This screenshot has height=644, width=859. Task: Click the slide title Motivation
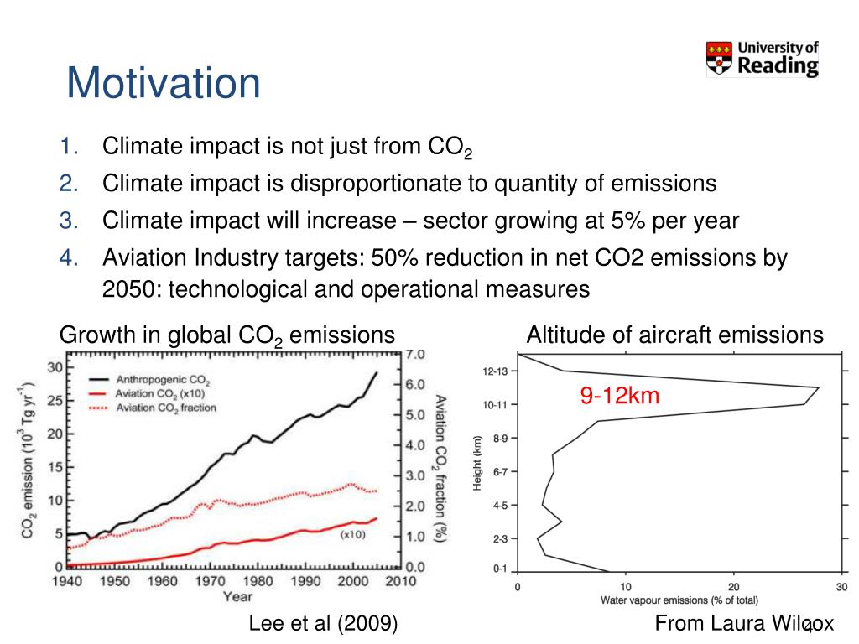(164, 84)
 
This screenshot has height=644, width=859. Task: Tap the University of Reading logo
(762, 59)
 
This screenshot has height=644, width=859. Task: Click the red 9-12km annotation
(619, 396)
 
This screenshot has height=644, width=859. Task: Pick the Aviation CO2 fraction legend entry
(165, 408)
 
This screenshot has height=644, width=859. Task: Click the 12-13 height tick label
(494, 371)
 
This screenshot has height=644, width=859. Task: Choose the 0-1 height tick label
(500, 569)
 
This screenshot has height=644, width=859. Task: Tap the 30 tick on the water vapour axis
(842, 587)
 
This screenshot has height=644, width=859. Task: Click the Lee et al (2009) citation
(323, 623)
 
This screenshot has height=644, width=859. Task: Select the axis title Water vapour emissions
(679, 600)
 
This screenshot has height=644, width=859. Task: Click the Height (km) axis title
(476, 464)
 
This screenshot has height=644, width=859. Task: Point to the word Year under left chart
(237, 596)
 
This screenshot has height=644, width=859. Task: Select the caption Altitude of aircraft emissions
(674, 335)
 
